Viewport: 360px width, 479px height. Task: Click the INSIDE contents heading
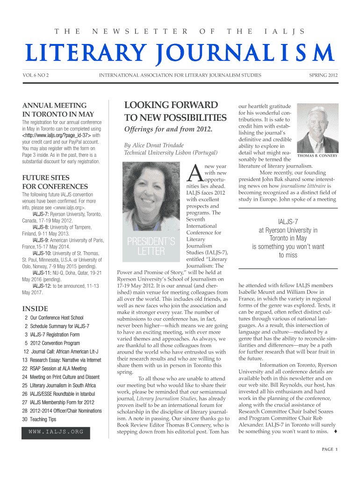click(x=35, y=309)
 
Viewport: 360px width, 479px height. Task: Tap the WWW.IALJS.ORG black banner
click(x=57, y=431)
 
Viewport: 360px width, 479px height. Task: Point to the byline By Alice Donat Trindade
click(x=154, y=145)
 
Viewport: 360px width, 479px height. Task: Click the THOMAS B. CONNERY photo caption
click(x=317, y=156)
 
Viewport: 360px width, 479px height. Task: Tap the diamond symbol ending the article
click(x=336, y=431)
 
